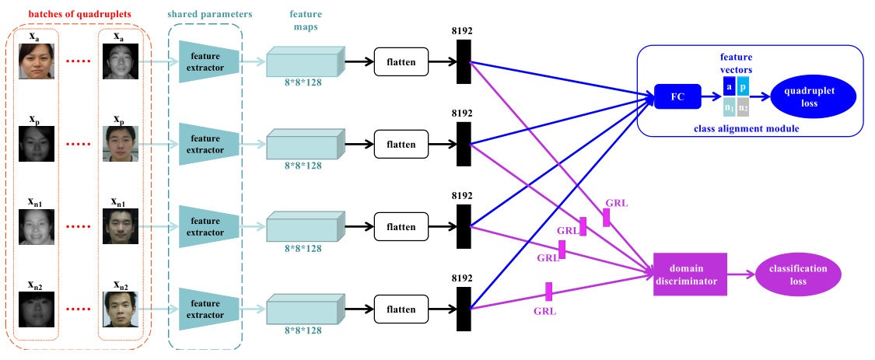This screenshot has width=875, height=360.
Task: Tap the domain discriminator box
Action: (x=690, y=274)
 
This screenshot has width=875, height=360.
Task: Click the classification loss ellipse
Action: (x=803, y=274)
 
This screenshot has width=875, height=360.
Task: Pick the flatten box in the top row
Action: (x=401, y=61)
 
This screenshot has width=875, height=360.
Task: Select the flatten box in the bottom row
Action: (x=401, y=309)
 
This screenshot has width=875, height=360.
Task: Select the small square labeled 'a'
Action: (x=729, y=86)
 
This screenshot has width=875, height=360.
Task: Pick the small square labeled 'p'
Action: (x=743, y=86)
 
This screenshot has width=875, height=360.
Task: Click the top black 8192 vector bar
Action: (x=464, y=61)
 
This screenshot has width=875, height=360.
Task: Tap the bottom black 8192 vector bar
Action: (x=464, y=309)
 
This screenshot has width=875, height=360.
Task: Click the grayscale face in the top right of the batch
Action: (x=121, y=61)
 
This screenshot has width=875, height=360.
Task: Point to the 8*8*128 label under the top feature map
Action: (x=304, y=82)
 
